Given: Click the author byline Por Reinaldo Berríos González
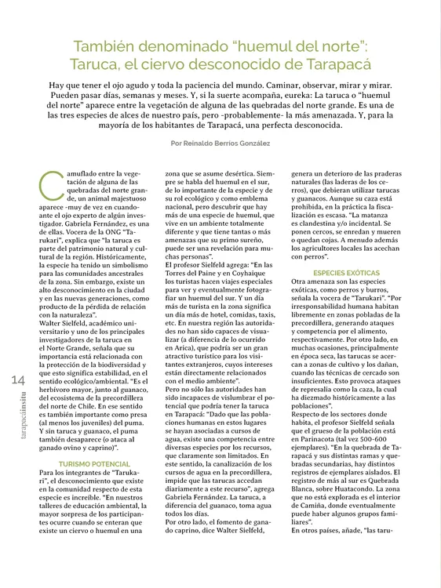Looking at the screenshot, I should click(220, 143).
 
